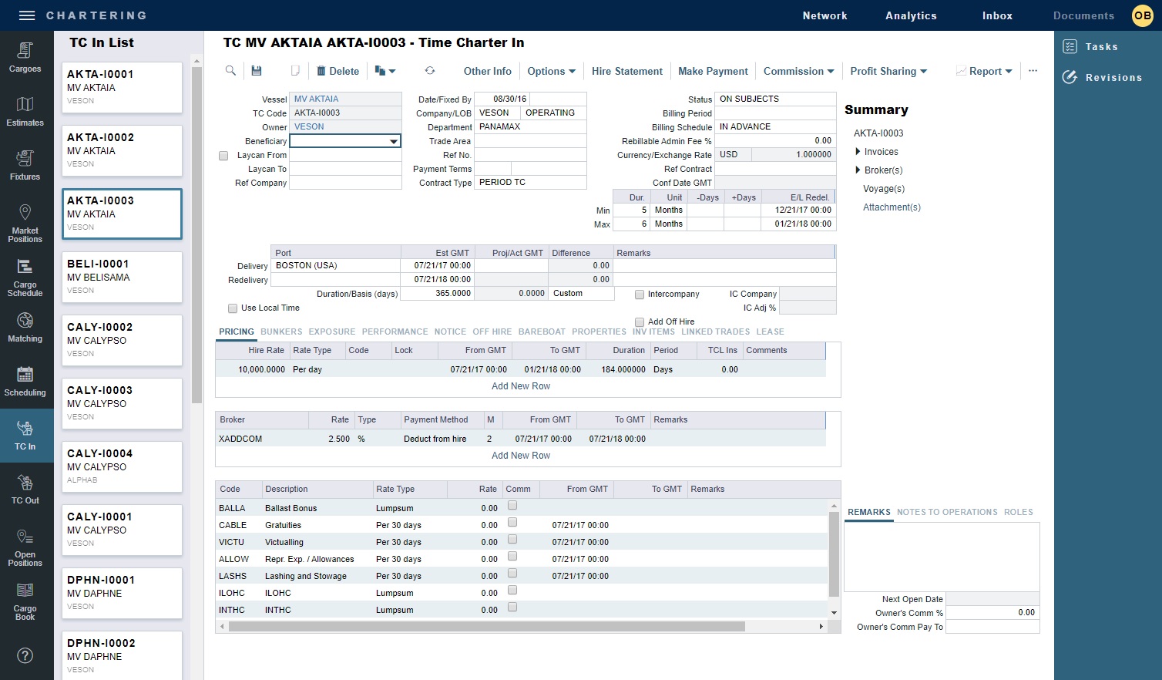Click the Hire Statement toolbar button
pyautogui.click(x=626, y=71)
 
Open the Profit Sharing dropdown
pyautogui.click(x=888, y=71)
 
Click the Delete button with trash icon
pyautogui.click(x=338, y=71)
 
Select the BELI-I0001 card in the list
pyautogui.click(x=122, y=277)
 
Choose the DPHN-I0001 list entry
pyautogui.click(x=122, y=593)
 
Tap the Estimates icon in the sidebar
pyautogui.click(x=25, y=112)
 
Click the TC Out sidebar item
pyautogui.click(x=25, y=490)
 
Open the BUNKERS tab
pyautogui.click(x=281, y=332)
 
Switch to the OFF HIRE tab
pyautogui.click(x=492, y=332)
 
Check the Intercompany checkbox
pyautogui.click(x=640, y=295)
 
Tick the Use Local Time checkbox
pyautogui.click(x=233, y=308)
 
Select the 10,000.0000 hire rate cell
pyautogui.click(x=262, y=369)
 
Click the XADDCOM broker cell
pyautogui.click(x=240, y=439)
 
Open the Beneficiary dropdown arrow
pyautogui.click(x=394, y=141)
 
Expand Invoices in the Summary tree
pyautogui.click(x=858, y=152)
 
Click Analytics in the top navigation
pyautogui.click(x=911, y=15)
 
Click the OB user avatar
pyautogui.click(x=1142, y=15)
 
